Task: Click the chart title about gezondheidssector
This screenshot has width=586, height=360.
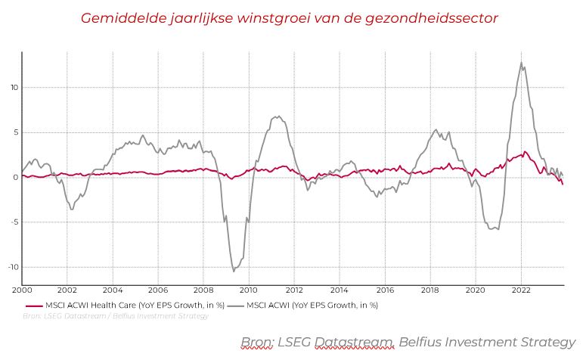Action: (289, 17)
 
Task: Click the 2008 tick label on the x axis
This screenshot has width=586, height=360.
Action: (203, 290)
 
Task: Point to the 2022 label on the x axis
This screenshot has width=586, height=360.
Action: (521, 290)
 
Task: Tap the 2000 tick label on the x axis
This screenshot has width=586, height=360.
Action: (22, 290)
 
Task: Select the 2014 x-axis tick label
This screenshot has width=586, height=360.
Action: (340, 290)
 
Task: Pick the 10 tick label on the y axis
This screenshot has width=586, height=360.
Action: (14, 87)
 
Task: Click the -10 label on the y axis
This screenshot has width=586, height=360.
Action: (11, 267)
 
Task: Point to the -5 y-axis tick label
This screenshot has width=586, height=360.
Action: (13, 222)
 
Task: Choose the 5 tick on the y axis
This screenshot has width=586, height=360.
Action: (15, 132)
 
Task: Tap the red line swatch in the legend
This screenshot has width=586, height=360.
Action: (33, 306)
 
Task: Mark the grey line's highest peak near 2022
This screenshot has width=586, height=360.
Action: (521, 63)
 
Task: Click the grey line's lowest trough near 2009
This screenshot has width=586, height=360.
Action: (234, 270)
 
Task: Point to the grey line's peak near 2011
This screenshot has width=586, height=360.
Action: (278, 116)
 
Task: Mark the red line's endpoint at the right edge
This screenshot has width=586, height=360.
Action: (563, 184)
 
